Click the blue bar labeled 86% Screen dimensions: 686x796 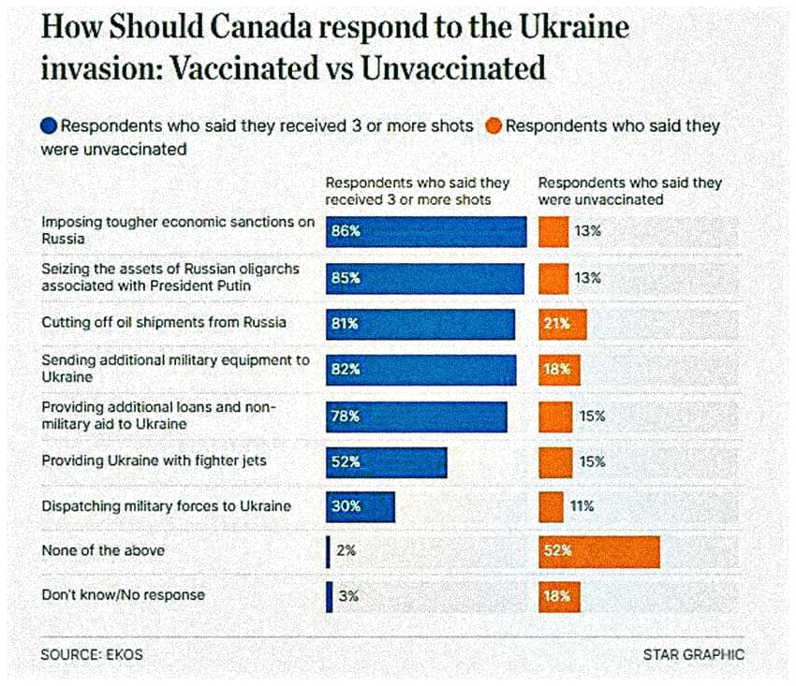(425, 231)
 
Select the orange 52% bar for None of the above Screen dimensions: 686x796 (598, 551)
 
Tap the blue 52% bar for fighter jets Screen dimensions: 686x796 (386, 461)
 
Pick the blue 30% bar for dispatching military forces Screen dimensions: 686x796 (360, 506)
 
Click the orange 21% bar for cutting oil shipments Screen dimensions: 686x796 (562, 324)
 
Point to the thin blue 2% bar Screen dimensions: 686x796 (328, 551)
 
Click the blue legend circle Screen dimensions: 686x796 (50, 126)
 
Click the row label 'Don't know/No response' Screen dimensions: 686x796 (123, 595)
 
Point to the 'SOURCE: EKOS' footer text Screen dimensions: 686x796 (92, 655)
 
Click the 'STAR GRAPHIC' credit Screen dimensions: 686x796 (693, 655)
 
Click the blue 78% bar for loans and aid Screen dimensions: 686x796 (416, 416)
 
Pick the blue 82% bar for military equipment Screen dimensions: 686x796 (420, 370)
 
